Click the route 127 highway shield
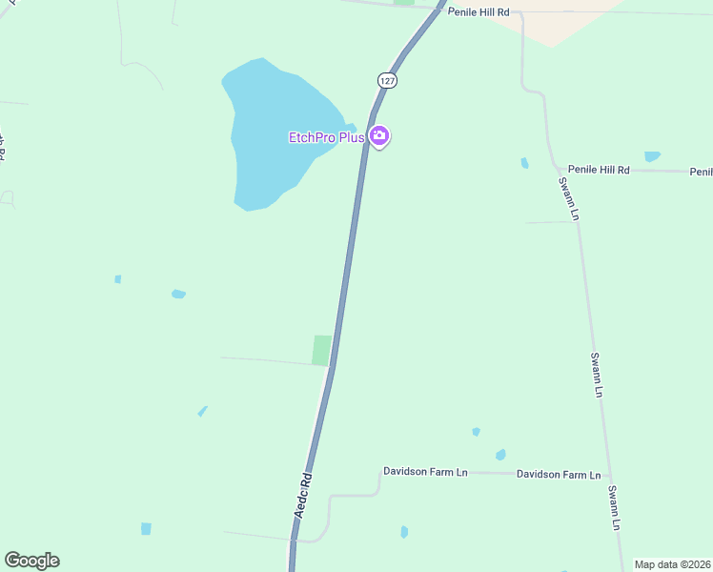(x=386, y=81)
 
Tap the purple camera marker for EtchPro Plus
(x=379, y=137)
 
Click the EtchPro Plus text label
(x=327, y=137)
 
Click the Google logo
(x=31, y=561)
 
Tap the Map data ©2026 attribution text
(x=672, y=564)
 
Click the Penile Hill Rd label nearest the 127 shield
(x=479, y=12)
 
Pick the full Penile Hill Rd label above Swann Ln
(x=599, y=170)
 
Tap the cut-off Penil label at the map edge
(x=702, y=172)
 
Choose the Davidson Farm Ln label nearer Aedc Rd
(x=425, y=471)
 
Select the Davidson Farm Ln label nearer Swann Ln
(x=559, y=474)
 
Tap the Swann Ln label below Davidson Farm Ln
(x=615, y=508)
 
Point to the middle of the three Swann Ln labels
(x=597, y=375)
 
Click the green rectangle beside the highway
(x=322, y=350)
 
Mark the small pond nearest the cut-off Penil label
(x=652, y=156)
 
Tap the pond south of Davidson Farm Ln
(x=404, y=532)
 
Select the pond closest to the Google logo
(x=146, y=528)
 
